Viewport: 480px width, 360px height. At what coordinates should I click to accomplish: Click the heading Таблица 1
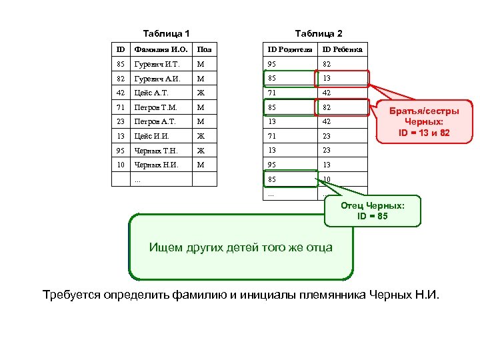coord(167,33)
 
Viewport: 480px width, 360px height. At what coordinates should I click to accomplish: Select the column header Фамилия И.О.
coord(161,49)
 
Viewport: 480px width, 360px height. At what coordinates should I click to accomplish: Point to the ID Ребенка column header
coord(343,49)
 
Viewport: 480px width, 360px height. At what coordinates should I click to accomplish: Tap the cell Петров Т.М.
coord(155,107)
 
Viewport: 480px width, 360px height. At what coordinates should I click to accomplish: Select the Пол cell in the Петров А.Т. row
coord(199,122)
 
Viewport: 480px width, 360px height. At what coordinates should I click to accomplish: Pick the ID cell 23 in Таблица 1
coord(120,122)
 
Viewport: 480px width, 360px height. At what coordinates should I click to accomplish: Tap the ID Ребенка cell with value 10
coord(327,179)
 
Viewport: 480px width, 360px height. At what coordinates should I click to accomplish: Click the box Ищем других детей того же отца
coord(241,247)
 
